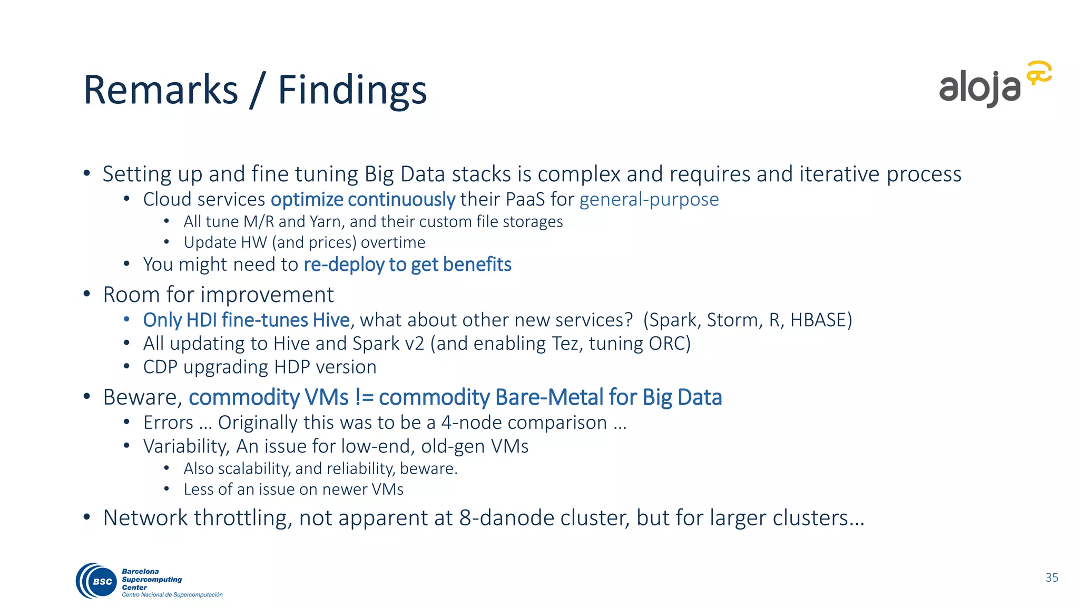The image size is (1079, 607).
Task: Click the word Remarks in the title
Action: (161, 90)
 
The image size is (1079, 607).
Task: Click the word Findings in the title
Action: (352, 90)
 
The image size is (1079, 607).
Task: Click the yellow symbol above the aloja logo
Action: (1038, 73)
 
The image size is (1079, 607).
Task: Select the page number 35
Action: (1052, 577)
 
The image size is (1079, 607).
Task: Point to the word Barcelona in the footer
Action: (140, 571)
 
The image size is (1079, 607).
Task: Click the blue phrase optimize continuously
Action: (362, 200)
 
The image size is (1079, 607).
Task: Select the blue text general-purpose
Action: (649, 200)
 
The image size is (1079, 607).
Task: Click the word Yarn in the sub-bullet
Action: (327, 222)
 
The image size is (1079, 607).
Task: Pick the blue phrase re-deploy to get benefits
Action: (407, 265)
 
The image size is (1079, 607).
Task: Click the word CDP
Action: (160, 367)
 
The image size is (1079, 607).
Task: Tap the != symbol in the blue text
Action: (364, 397)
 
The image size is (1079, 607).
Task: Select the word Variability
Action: (187, 446)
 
